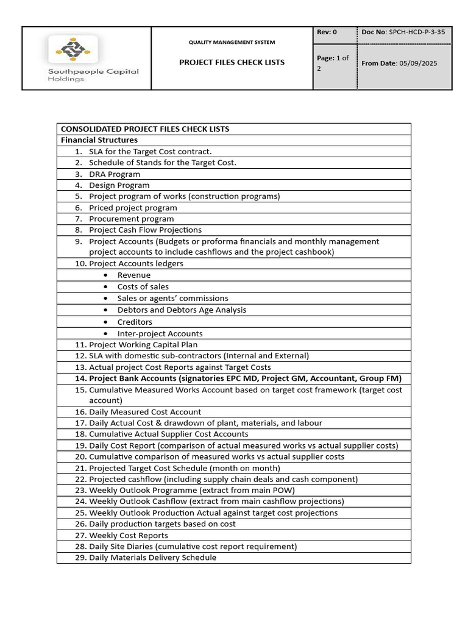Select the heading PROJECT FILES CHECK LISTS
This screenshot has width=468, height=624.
click(232, 62)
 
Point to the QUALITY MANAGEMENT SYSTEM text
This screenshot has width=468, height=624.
click(232, 42)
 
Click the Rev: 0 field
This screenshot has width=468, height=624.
click(327, 32)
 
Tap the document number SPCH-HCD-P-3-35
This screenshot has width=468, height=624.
click(420, 32)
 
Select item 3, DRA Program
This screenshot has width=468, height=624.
click(115, 174)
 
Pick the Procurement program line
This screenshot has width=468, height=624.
click(131, 219)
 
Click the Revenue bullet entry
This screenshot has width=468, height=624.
click(133, 275)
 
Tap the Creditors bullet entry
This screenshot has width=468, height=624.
click(135, 322)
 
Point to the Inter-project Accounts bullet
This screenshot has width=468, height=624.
click(160, 333)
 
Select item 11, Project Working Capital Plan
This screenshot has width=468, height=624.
click(143, 345)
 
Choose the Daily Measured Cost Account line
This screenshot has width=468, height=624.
click(145, 412)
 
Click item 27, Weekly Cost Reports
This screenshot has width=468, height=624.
click(129, 536)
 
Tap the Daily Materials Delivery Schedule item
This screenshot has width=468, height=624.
click(152, 558)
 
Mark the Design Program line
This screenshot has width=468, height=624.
click(119, 185)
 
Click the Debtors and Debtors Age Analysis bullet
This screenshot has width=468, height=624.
click(182, 310)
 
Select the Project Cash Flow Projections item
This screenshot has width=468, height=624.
click(145, 230)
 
